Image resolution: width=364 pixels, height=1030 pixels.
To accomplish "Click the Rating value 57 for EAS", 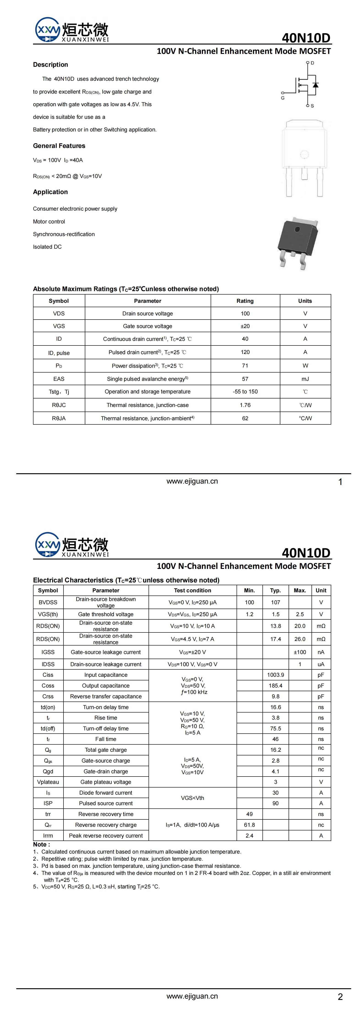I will tap(245, 379).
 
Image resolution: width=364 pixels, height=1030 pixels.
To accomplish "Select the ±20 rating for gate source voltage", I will tap(245, 326).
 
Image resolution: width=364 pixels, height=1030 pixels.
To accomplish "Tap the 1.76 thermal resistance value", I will tap(245, 405).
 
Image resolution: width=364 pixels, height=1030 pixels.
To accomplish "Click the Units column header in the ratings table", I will tap(305, 301).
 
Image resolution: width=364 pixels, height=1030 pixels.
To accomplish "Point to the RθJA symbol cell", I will tap(59, 418).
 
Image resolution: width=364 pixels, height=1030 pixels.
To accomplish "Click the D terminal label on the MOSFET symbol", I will tap(312, 63).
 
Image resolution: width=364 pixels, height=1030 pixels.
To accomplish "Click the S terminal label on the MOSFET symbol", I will tap(312, 106).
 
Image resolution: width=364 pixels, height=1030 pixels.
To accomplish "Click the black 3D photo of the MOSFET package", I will tap(298, 242).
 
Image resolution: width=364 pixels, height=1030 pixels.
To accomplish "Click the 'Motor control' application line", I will tap(49, 222).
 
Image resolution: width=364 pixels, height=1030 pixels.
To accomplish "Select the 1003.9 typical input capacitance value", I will tap(275, 674).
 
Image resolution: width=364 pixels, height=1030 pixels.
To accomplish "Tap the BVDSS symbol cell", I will tap(48, 602).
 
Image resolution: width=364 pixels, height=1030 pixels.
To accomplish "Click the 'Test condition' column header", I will tap(193, 590).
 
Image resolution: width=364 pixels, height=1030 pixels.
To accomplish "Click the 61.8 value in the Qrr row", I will tap(249, 824).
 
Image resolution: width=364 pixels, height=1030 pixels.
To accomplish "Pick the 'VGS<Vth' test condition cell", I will tap(193, 798).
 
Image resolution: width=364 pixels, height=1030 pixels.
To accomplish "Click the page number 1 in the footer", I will tap(340, 482).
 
